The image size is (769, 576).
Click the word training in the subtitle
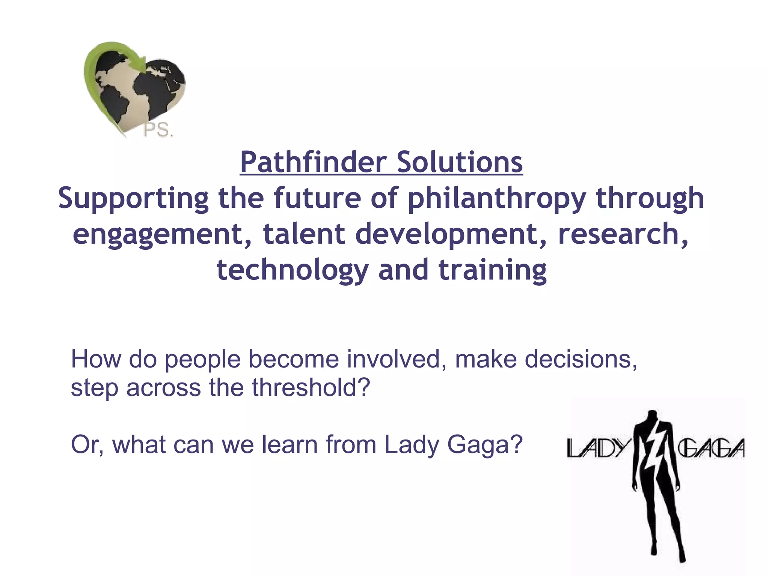point(493,270)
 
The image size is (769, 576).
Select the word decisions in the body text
point(581,359)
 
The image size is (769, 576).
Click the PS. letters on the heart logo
point(158,130)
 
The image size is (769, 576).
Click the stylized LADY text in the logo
point(597,448)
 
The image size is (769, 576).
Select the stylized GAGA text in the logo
point(711,448)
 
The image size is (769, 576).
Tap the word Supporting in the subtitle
point(133,198)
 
